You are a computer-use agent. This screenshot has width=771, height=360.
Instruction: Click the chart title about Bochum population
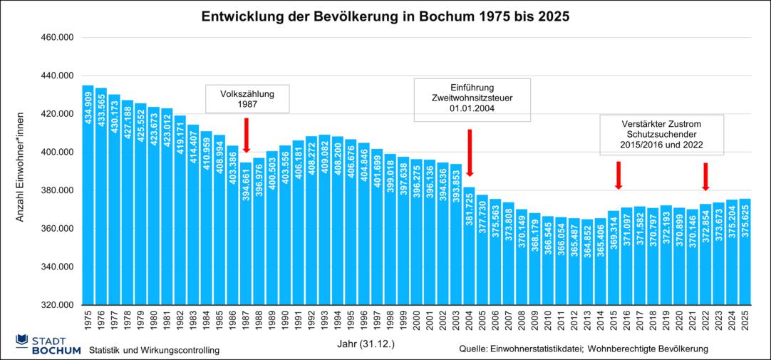coord(385,16)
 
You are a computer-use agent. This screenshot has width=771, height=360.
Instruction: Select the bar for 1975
coord(88,200)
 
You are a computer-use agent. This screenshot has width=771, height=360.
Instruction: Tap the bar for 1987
coord(245,235)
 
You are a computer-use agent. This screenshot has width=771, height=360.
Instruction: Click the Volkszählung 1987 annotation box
coord(247,98)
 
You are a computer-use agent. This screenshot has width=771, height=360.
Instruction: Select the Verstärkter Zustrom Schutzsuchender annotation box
coord(661,134)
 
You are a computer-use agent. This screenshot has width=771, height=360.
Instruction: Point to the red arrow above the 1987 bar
coord(247,134)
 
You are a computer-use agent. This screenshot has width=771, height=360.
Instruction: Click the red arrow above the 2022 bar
coord(705,176)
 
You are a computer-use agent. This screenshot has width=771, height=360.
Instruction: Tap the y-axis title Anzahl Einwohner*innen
coord(21,166)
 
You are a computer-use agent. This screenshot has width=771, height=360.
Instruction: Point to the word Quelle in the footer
coord(476,349)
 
